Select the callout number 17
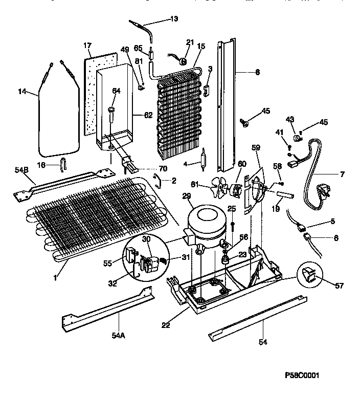pos(87,46)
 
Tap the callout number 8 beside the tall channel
pos(257,73)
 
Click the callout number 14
pos(21,92)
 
